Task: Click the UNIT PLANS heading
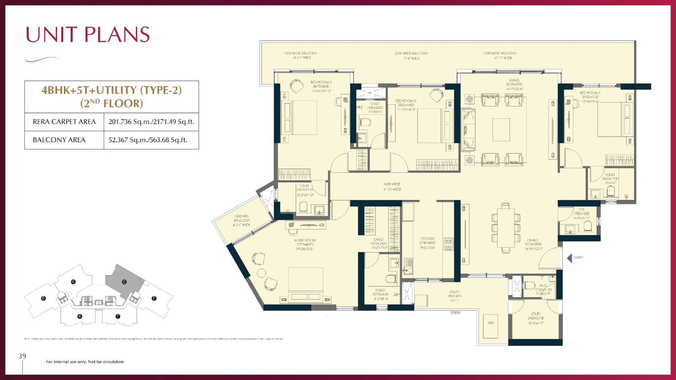tap(88, 35)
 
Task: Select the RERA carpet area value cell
tap(151, 122)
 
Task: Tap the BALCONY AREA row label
tap(59, 140)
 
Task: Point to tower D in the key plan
tap(124, 282)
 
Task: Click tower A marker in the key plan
tap(80, 316)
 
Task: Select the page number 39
tap(22, 356)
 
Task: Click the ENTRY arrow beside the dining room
tap(570, 257)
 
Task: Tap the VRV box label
tap(491, 323)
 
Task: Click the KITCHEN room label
tap(427, 239)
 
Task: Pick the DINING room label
tap(533, 240)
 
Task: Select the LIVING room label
tap(514, 80)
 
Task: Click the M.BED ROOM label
tap(305, 240)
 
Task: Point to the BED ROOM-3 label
tap(321, 82)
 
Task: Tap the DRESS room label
tap(378, 239)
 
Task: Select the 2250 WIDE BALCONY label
tap(411, 54)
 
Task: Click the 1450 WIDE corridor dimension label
tap(392, 184)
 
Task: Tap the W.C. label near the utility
tap(543, 286)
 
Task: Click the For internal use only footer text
tap(85, 362)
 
